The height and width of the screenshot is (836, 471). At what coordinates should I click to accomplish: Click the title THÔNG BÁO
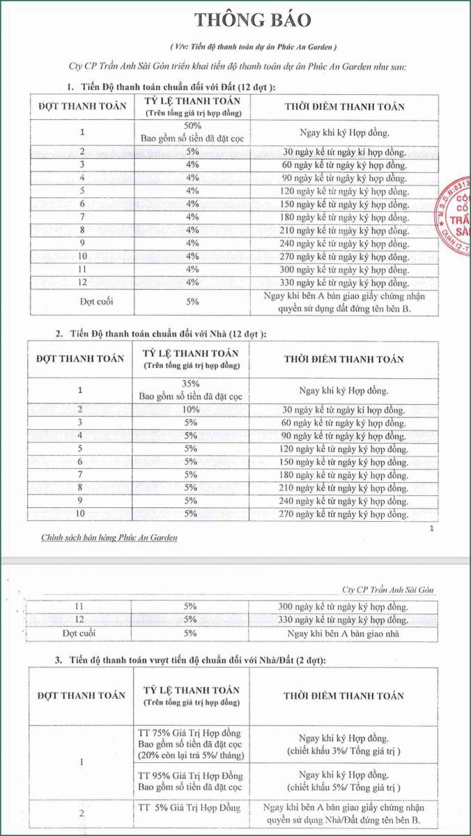[x=252, y=20]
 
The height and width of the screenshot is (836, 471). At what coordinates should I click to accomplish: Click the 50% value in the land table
[x=192, y=125]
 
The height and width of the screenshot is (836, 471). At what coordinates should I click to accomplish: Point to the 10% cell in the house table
[x=192, y=409]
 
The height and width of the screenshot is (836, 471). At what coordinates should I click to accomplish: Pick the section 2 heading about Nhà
[x=168, y=334]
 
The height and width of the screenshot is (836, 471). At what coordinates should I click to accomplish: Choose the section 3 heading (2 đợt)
[x=192, y=659]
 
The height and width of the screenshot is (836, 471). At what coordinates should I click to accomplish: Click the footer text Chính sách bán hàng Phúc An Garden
[x=99, y=537]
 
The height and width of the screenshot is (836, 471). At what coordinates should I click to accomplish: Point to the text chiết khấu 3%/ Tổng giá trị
[x=343, y=751]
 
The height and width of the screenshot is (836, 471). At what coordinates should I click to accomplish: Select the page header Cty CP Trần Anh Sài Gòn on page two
[x=389, y=590]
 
